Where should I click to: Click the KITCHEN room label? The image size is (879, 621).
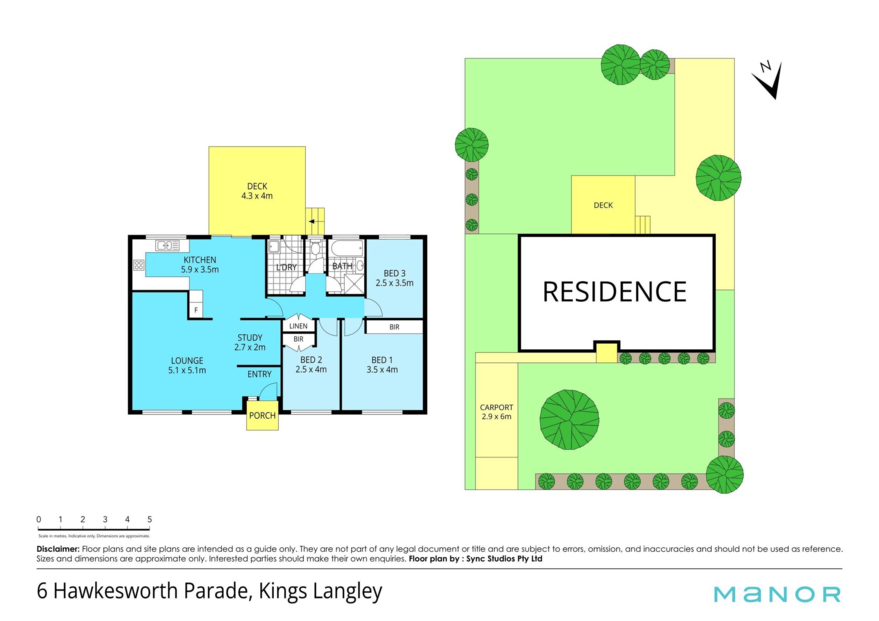coord(200,260)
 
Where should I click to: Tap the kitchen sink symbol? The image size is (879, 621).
coord(168,246)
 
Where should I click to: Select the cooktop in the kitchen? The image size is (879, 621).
coord(139,265)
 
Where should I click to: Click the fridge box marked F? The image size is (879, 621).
coord(196,310)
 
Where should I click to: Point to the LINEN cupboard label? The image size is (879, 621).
coord(298,326)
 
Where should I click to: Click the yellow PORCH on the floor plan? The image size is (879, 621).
coord(262,415)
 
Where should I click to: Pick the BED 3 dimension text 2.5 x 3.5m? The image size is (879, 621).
coord(395,283)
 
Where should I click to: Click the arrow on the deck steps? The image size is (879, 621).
coord(312,221)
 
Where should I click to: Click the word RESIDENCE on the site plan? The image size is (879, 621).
coord(614,292)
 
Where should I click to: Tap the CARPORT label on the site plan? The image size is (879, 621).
coord(496,407)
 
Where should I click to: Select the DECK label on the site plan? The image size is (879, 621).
coord(603,205)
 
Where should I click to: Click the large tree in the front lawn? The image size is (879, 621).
coord(570,420)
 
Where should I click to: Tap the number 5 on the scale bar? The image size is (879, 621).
coord(150,519)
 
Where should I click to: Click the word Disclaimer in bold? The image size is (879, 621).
coord(58,549)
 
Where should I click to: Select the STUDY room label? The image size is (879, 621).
coord(250,338)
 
